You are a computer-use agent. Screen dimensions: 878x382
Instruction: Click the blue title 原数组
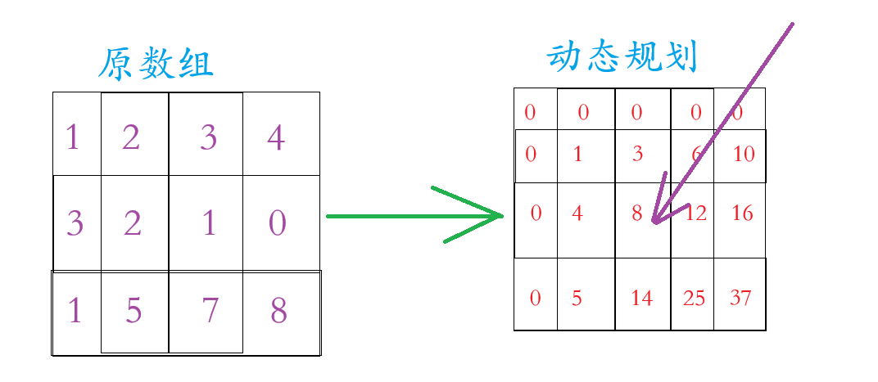(156, 65)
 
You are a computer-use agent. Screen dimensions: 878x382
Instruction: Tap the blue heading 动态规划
(622, 58)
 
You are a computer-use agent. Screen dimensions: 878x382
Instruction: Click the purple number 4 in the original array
(276, 138)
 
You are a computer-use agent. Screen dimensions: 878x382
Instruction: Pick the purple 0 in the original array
(278, 223)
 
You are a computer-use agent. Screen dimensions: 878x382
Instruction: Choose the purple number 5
(133, 312)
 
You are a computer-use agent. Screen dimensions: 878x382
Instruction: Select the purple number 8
(278, 312)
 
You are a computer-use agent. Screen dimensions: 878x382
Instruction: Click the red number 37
(740, 299)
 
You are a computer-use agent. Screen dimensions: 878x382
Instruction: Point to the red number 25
(694, 299)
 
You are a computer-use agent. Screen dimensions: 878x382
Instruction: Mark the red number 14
(642, 299)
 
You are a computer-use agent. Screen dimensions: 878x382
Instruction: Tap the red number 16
(742, 213)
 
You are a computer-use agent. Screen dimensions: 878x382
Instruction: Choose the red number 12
(696, 213)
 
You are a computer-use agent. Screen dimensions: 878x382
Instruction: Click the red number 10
(744, 154)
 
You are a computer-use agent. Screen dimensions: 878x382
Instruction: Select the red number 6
(697, 154)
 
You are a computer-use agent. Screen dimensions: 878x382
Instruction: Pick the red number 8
(637, 213)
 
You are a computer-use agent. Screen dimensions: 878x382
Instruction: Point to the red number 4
(577, 213)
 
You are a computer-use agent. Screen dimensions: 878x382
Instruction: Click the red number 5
(577, 299)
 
